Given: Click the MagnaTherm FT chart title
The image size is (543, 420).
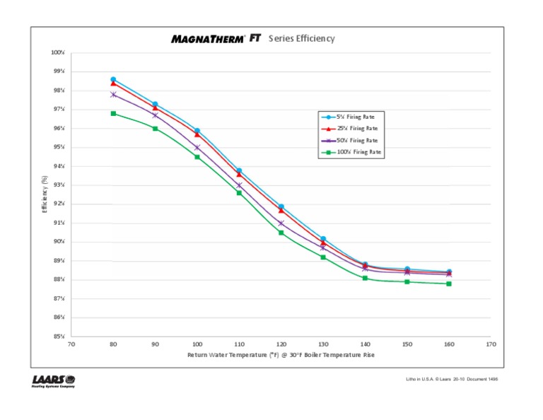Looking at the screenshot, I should pyautogui.click(x=253, y=39).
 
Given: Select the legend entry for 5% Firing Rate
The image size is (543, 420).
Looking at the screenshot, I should pyautogui.click(x=351, y=117).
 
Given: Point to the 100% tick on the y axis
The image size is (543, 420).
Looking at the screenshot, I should pyautogui.click(x=58, y=53).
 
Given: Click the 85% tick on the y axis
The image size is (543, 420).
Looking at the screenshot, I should pyautogui.click(x=59, y=337).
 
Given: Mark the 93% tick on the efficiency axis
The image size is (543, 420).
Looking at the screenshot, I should pyautogui.click(x=59, y=185).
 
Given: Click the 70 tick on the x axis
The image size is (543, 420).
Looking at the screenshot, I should pyautogui.click(x=71, y=345).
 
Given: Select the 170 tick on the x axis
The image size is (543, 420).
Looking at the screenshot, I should pyautogui.click(x=491, y=345).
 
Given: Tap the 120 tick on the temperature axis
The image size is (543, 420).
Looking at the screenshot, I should pyautogui.click(x=281, y=345).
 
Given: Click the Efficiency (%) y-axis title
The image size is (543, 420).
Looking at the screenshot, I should pyautogui.click(x=45, y=194).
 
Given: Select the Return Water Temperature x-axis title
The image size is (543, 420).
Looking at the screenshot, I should pyautogui.click(x=281, y=355).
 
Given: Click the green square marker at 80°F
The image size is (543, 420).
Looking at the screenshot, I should pyautogui.click(x=113, y=113).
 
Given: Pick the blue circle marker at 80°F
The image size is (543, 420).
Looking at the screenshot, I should pyautogui.click(x=113, y=79).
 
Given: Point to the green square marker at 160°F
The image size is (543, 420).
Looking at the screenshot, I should pyautogui.click(x=449, y=284).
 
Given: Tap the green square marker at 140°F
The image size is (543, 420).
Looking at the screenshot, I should pyautogui.click(x=365, y=278).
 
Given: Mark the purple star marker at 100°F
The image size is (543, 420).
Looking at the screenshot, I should pyautogui.click(x=197, y=147).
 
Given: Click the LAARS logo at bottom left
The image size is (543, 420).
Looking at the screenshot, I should pyautogui.click(x=54, y=381).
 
